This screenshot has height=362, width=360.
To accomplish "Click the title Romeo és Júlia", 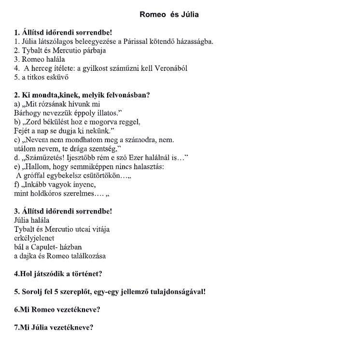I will pos(169,14).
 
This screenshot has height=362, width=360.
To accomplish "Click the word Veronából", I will pos(171,68).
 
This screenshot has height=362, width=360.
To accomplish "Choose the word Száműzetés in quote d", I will pos(45,158).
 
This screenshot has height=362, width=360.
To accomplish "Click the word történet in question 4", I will pos(86,274).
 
